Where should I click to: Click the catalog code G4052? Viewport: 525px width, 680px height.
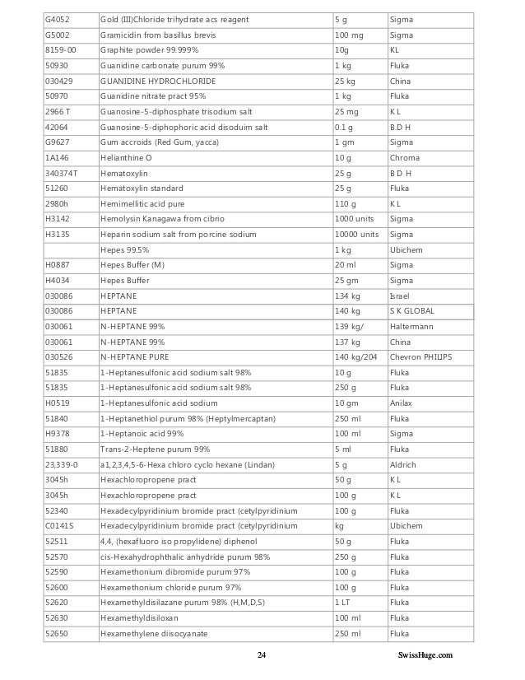click(x=57, y=19)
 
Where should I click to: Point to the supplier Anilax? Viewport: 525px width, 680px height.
click(x=401, y=403)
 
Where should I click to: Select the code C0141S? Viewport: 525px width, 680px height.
click(x=59, y=526)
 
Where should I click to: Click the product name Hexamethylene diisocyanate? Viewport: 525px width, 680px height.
click(x=153, y=633)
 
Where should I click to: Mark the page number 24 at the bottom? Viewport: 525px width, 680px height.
click(x=262, y=655)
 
